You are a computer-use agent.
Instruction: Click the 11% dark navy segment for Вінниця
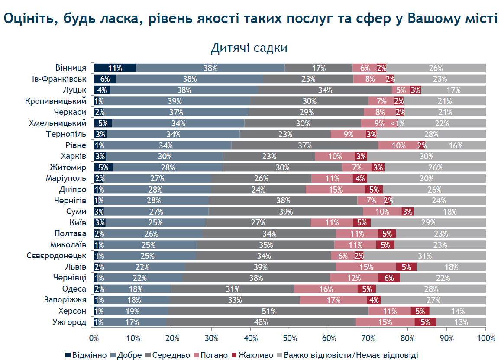(x=115, y=68)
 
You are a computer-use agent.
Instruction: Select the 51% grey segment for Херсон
(x=268, y=311)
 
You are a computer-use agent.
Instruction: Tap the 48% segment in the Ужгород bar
(x=261, y=322)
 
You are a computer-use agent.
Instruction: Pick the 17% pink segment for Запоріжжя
(x=333, y=300)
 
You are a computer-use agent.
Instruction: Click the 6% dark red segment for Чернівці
(x=389, y=278)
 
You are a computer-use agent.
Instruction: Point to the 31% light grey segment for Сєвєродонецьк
(x=425, y=256)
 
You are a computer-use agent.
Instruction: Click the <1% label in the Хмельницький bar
(x=398, y=123)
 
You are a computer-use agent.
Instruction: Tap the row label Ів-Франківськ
(x=59, y=79)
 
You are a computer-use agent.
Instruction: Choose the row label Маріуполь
(x=66, y=178)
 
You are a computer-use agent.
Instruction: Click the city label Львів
(x=76, y=267)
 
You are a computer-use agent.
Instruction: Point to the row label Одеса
(x=74, y=289)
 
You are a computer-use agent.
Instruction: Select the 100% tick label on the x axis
(x=486, y=338)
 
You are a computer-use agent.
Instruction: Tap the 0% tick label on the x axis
(x=94, y=338)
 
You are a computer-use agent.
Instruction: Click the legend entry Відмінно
(x=86, y=355)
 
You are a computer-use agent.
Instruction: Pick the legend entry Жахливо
(x=252, y=355)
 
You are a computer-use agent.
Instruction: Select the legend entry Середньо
(x=168, y=355)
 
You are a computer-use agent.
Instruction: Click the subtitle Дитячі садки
(x=249, y=48)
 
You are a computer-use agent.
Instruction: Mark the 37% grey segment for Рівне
(x=304, y=145)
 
